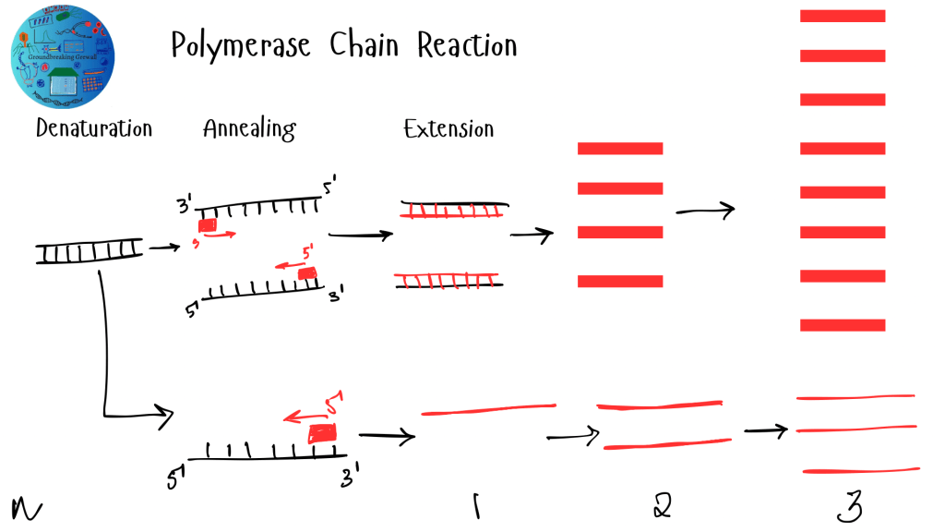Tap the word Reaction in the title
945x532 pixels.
coord(467,44)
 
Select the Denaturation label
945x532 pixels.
coord(93,128)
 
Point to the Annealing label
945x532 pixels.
coord(249,129)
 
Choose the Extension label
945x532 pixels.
coord(449,128)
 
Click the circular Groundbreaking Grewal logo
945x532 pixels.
coord(63,54)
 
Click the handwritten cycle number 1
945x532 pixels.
coord(475,505)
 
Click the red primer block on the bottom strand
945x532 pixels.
coord(322,432)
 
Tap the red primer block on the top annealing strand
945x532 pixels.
coord(208,224)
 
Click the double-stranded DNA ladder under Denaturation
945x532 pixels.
coord(90,250)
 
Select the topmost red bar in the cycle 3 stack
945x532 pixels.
coord(843,16)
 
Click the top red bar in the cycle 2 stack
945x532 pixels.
coord(620,148)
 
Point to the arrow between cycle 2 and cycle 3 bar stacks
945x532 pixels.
coord(705,211)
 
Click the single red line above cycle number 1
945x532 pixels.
coord(488,408)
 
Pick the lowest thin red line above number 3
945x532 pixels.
coord(861,471)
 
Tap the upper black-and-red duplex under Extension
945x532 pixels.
coord(453,210)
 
